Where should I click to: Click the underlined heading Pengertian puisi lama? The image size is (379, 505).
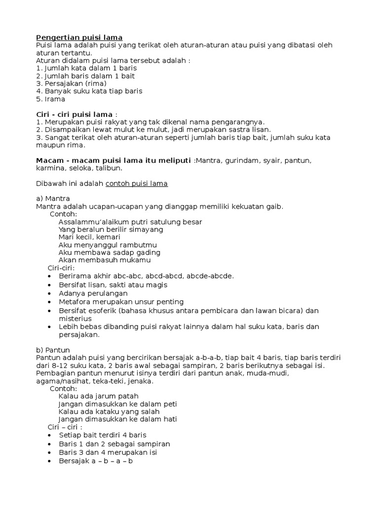point(79,37)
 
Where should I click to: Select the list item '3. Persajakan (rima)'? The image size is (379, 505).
point(72,83)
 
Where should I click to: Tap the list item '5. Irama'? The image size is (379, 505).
point(51,99)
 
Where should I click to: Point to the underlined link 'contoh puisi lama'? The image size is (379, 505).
point(137,183)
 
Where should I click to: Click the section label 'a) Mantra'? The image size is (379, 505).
point(53,199)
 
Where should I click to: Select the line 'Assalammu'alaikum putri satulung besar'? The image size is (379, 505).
point(130,222)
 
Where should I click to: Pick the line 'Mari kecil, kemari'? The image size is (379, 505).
point(89,237)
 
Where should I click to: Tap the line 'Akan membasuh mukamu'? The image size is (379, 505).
point(105,260)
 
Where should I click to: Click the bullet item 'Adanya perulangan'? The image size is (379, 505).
point(93,293)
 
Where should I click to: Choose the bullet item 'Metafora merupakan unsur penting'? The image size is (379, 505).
point(121,301)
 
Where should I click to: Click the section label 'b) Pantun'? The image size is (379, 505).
point(53,349)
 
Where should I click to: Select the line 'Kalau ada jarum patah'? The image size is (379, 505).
point(98,396)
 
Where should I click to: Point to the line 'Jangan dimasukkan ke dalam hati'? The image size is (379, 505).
point(117,419)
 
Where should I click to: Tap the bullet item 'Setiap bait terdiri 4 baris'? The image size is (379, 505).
point(103,435)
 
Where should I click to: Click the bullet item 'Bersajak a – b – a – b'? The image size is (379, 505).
point(96,461)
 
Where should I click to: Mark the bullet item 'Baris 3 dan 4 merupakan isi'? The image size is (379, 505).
point(108,452)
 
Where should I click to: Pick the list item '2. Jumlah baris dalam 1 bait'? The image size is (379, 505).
point(85,76)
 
